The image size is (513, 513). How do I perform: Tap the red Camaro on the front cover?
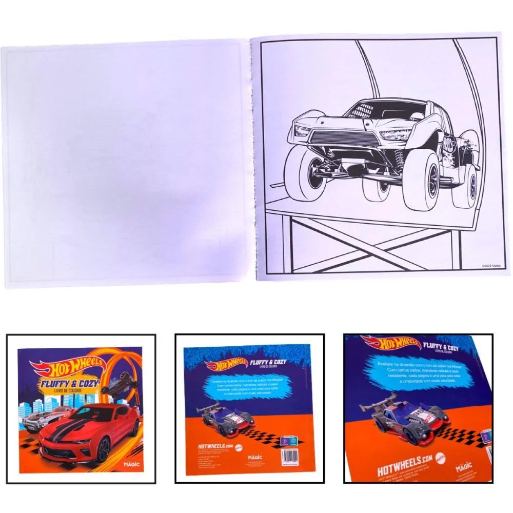[90, 431]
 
